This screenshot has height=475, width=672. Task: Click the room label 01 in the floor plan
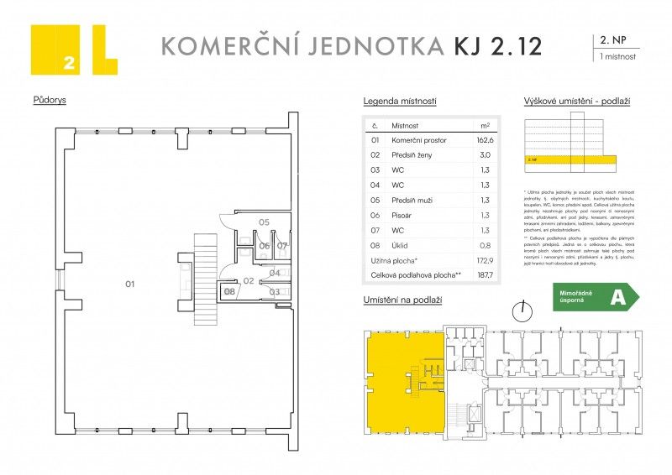(x=130, y=284)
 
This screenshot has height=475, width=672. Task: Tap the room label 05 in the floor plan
(x=263, y=222)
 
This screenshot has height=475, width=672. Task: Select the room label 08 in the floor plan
(x=229, y=291)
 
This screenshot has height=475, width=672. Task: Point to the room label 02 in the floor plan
(x=249, y=281)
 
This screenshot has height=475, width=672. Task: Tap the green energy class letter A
(x=618, y=297)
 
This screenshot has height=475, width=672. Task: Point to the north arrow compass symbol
(x=524, y=311)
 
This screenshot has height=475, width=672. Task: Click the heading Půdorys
(x=50, y=99)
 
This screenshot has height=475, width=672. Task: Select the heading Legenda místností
(x=399, y=101)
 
